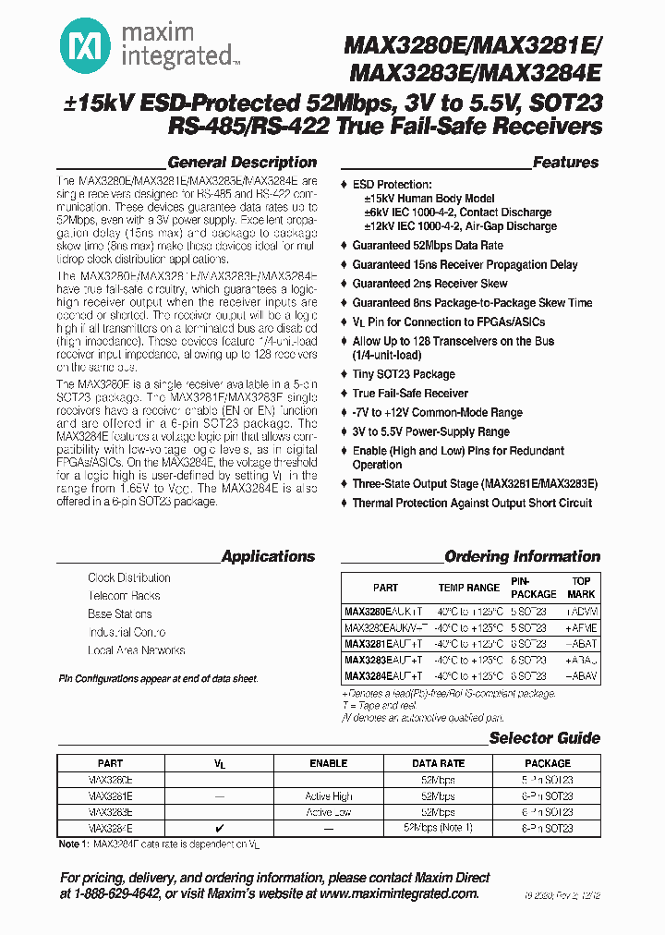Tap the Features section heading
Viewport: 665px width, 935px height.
(x=565, y=163)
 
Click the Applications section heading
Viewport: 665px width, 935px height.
(x=268, y=556)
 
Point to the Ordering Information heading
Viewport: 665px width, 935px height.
(x=522, y=556)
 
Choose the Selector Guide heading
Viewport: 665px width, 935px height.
(x=544, y=737)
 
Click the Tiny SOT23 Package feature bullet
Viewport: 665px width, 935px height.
(x=404, y=374)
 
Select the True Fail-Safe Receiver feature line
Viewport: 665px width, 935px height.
(x=410, y=394)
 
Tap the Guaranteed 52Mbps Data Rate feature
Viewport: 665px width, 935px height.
(x=428, y=246)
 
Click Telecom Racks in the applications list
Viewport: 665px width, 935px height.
(x=124, y=596)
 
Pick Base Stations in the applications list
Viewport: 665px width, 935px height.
(x=120, y=614)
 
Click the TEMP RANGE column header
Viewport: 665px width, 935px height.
(x=469, y=588)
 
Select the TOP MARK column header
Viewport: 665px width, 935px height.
(x=581, y=588)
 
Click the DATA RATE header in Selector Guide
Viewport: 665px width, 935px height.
(x=438, y=763)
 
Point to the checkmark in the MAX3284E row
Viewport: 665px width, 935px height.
(x=219, y=829)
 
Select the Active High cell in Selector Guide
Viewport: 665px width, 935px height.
(x=329, y=795)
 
